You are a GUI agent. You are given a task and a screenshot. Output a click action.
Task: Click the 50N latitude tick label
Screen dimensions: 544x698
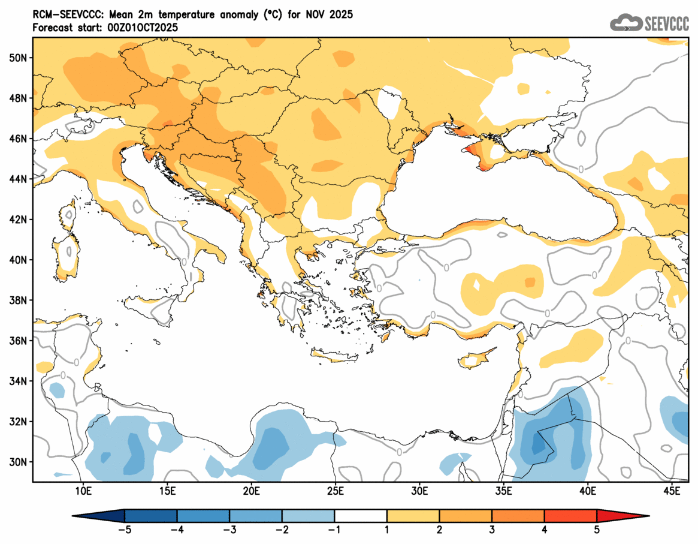pos(18,58)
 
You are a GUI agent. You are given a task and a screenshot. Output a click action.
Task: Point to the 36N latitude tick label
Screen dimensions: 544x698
pos(18,341)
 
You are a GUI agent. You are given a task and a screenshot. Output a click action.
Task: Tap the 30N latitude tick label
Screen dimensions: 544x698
pos(18,462)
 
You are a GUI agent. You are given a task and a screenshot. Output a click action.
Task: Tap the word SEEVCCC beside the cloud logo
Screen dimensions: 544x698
pos(667,23)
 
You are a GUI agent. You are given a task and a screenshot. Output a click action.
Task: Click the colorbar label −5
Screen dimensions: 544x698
pos(124,530)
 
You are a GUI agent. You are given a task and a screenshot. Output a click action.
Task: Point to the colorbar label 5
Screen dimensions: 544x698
pos(597,530)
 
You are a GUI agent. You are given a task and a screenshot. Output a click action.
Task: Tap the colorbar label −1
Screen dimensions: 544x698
pos(334,530)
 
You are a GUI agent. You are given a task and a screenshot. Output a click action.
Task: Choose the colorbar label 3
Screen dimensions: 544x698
pos(492,530)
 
